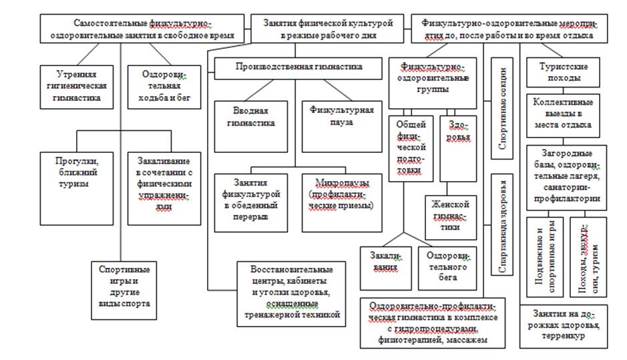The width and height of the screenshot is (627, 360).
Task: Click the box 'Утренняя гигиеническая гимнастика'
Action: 73,85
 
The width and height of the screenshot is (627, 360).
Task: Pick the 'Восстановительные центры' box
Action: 292,293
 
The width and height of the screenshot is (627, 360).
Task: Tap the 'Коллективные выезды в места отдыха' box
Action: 562,114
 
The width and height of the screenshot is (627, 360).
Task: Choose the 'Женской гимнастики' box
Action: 451,216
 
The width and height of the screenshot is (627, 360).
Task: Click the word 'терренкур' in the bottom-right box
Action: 564,336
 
